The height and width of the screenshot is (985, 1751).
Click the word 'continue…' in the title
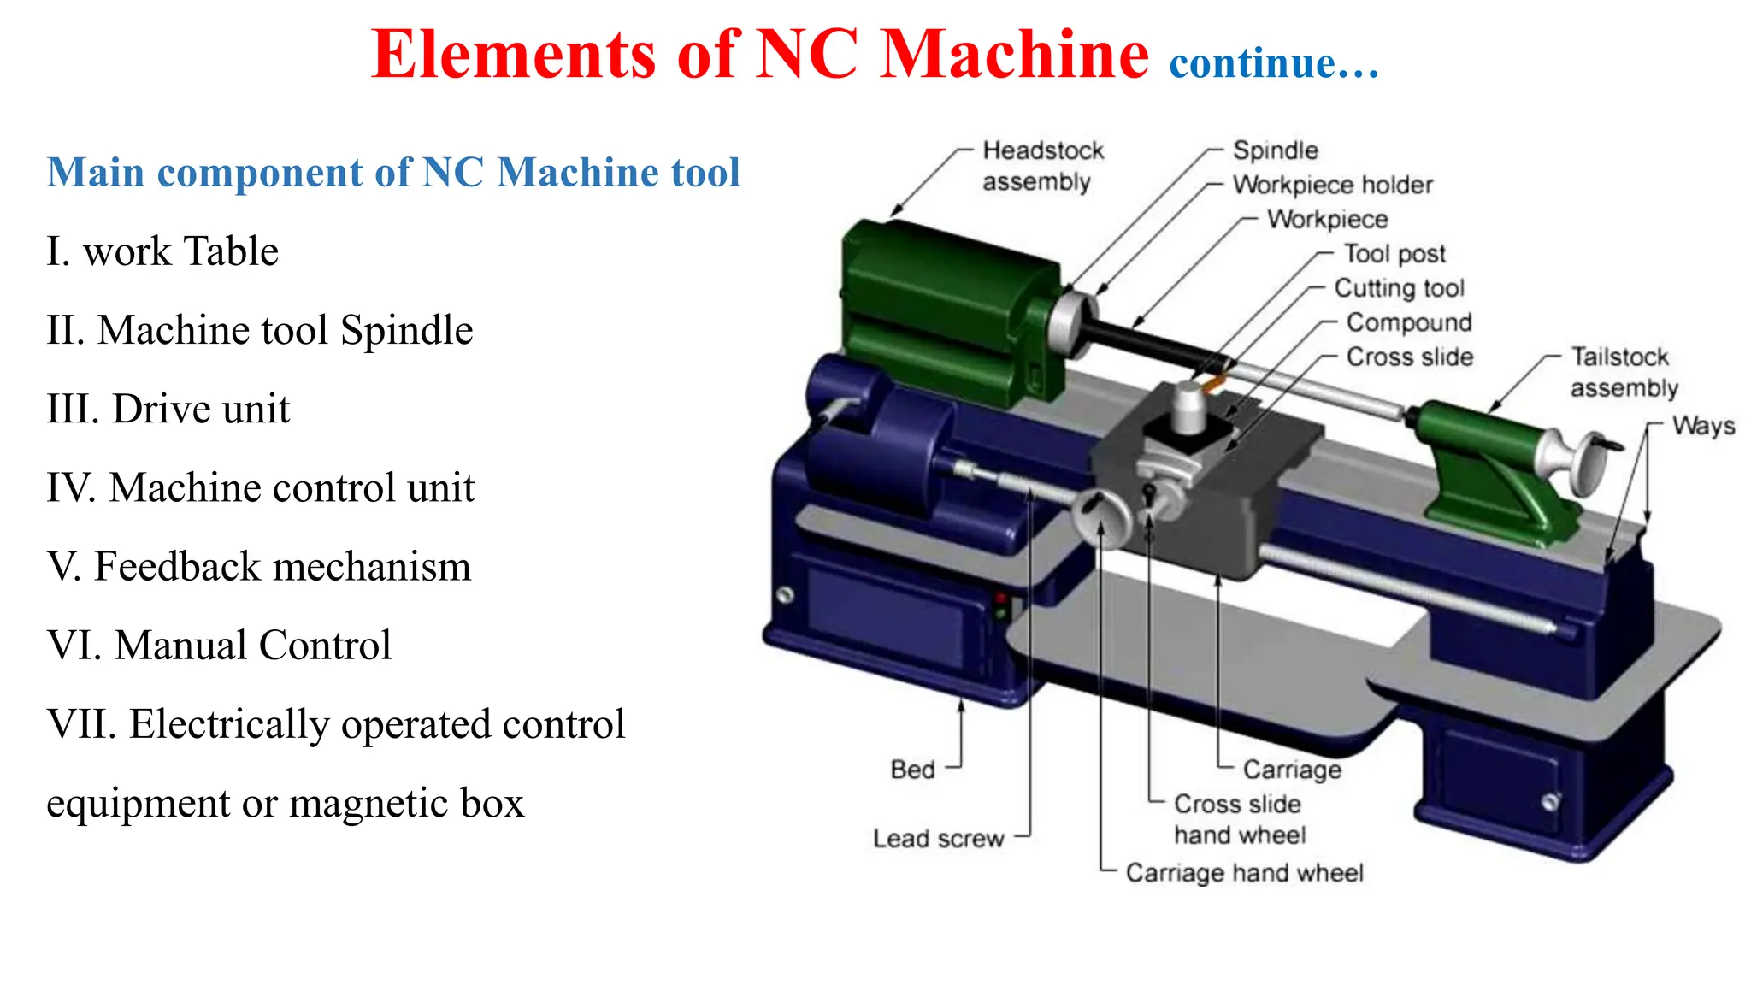coord(1274,63)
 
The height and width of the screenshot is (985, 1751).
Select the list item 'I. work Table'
coord(162,251)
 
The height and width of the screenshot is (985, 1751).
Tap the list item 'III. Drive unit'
coord(168,409)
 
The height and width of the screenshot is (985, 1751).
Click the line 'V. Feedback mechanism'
coord(258,567)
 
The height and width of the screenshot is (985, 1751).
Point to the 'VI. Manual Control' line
coord(219,646)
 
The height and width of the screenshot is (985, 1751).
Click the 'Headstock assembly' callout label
coord(1041,166)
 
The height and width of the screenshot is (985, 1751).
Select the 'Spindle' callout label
coord(1275,150)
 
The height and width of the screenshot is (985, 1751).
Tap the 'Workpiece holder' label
coord(1332,185)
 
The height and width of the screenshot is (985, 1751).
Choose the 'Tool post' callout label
coord(1394,254)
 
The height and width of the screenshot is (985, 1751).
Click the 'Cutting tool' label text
coord(1399,288)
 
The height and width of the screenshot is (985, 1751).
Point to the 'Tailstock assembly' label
coord(1623,372)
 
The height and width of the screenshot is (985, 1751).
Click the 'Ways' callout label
coord(1703,426)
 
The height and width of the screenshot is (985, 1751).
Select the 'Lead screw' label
coord(938,839)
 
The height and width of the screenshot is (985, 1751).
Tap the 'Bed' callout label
coord(912,770)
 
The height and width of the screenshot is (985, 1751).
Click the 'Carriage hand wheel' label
coord(1244,873)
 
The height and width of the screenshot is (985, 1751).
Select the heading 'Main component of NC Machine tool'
coord(393,173)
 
